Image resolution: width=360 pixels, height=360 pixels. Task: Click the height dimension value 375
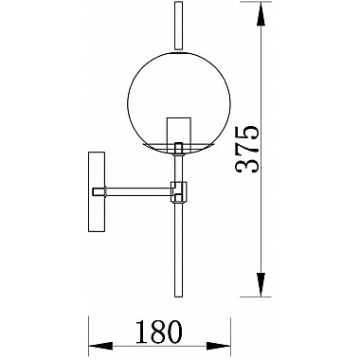coord(247,150)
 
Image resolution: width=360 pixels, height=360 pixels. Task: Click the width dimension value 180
coord(159,332)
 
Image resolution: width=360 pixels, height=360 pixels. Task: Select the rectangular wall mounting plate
coord(96,192)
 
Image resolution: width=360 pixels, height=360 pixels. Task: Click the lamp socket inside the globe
coord(179,132)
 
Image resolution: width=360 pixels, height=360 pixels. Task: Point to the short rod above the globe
coord(179,26)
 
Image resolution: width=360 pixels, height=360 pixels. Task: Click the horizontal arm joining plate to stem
coord(139,191)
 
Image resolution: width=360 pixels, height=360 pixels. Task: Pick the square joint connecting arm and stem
coord(179,191)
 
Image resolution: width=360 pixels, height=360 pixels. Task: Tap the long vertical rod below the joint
coord(179,249)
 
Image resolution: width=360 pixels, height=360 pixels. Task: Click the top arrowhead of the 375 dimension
coord(261,16)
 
